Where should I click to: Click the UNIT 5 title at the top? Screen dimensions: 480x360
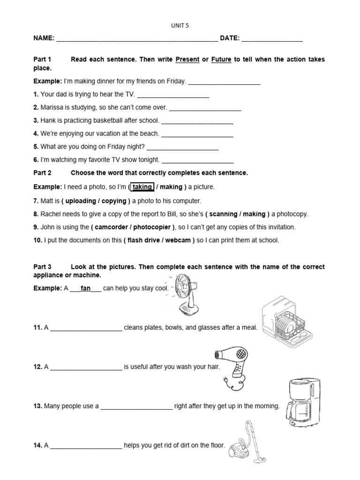click(180, 26)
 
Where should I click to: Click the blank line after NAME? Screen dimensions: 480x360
click(137, 39)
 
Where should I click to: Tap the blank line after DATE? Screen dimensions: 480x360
click(272, 39)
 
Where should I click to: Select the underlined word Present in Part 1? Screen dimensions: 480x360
click(187, 60)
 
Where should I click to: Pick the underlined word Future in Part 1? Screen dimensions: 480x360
click(221, 60)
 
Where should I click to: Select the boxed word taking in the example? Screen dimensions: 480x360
click(142, 187)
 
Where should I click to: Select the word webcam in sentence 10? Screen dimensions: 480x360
click(178, 240)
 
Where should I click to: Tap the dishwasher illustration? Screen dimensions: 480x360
click(286, 321)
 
